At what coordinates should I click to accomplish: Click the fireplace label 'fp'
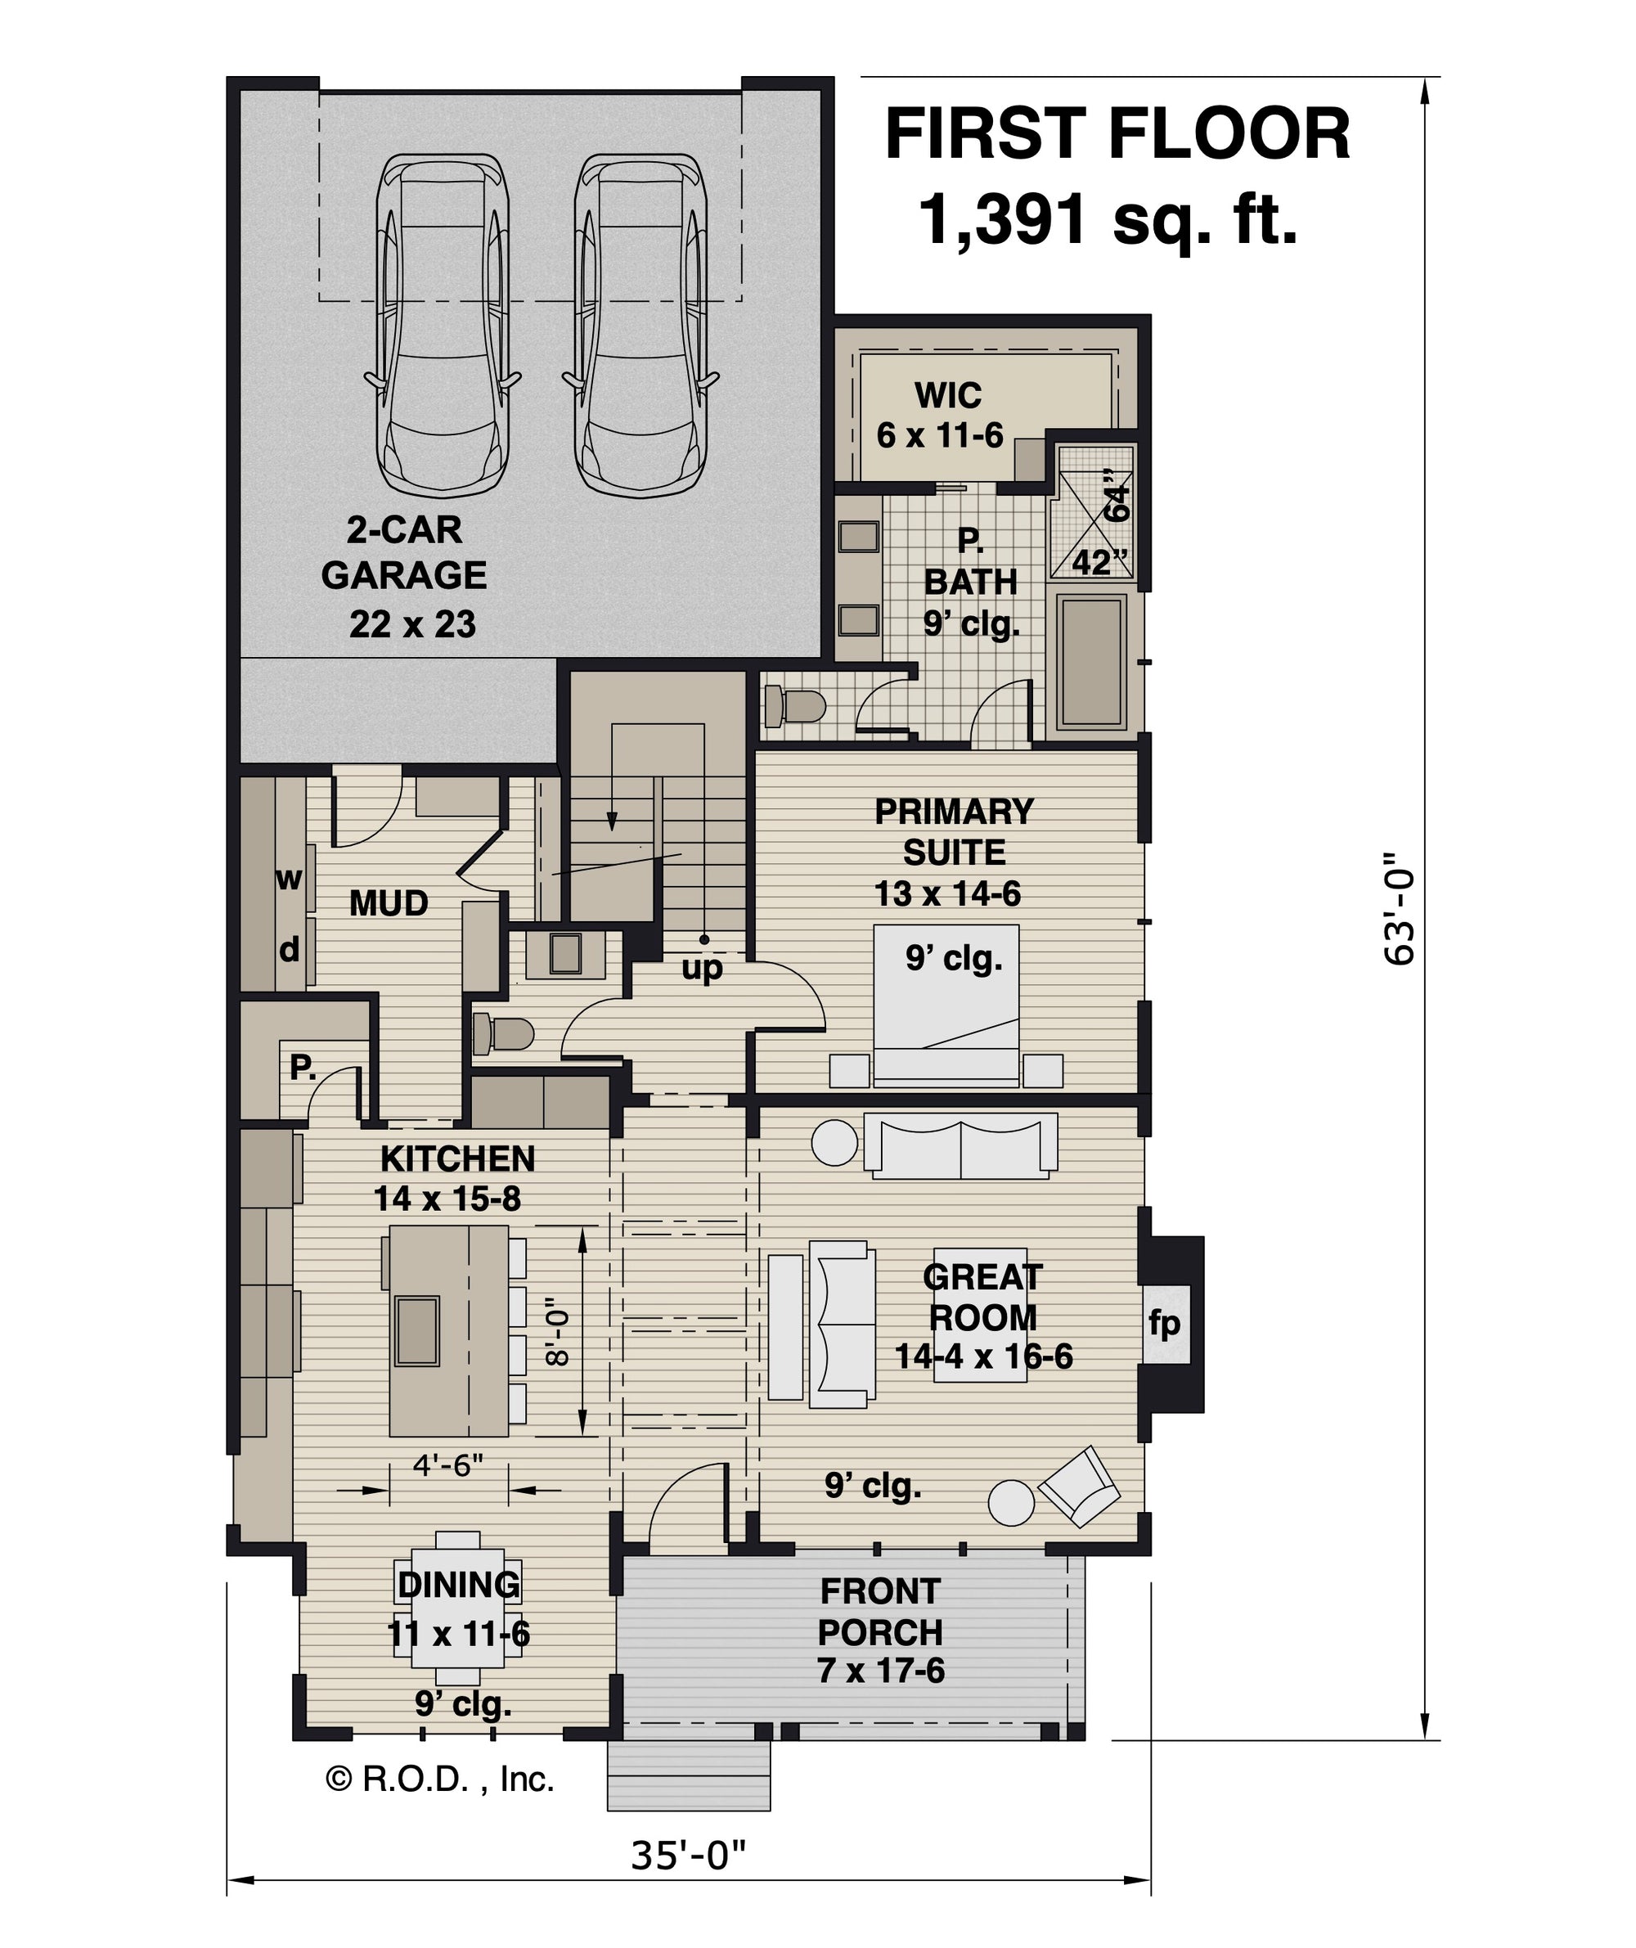pyautogui.click(x=1164, y=1324)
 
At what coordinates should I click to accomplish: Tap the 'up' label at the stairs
pyautogui.click(x=702, y=970)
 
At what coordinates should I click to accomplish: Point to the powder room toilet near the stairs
pyautogui.click(x=503, y=1034)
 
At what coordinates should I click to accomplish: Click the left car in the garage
pyautogui.click(x=443, y=325)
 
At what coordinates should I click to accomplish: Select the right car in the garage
pyautogui.click(x=640, y=325)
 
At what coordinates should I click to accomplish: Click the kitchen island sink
pyautogui.click(x=416, y=1331)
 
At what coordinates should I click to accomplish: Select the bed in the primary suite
pyautogui.click(x=946, y=1005)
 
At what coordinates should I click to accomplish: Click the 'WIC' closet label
pyautogui.click(x=948, y=396)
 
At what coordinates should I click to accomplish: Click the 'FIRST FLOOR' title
pyautogui.click(x=1117, y=133)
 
